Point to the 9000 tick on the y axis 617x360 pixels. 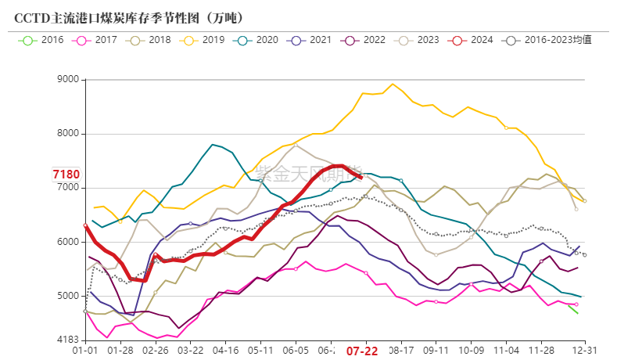69,80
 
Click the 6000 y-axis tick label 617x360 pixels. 69,242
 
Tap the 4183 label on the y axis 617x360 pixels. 69,340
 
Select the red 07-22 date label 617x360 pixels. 362,352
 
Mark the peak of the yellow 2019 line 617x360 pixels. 393,85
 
